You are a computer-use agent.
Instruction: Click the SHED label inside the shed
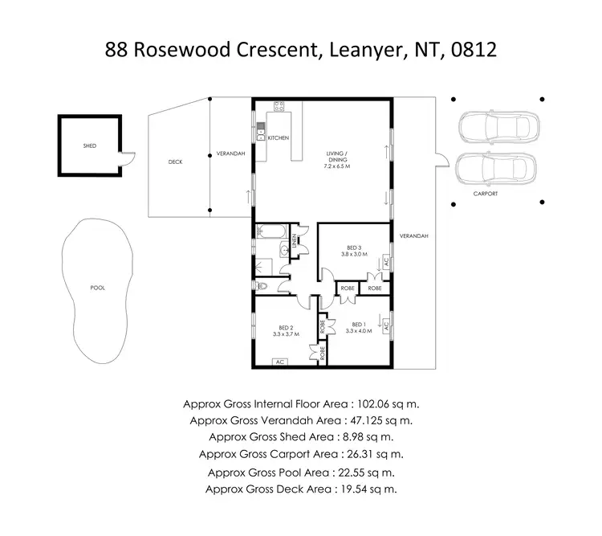pos(90,146)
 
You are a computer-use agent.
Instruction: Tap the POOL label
pos(98,287)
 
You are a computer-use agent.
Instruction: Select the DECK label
pos(175,162)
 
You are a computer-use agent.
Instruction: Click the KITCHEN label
pos(279,138)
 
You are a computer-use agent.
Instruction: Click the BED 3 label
pos(354,247)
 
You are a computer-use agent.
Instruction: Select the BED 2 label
pos(286,327)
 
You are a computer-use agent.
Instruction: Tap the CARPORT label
pos(486,194)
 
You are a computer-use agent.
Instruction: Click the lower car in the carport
pos(494,168)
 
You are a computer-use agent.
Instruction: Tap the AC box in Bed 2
pos(279,362)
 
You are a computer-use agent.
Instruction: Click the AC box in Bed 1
pos(387,325)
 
